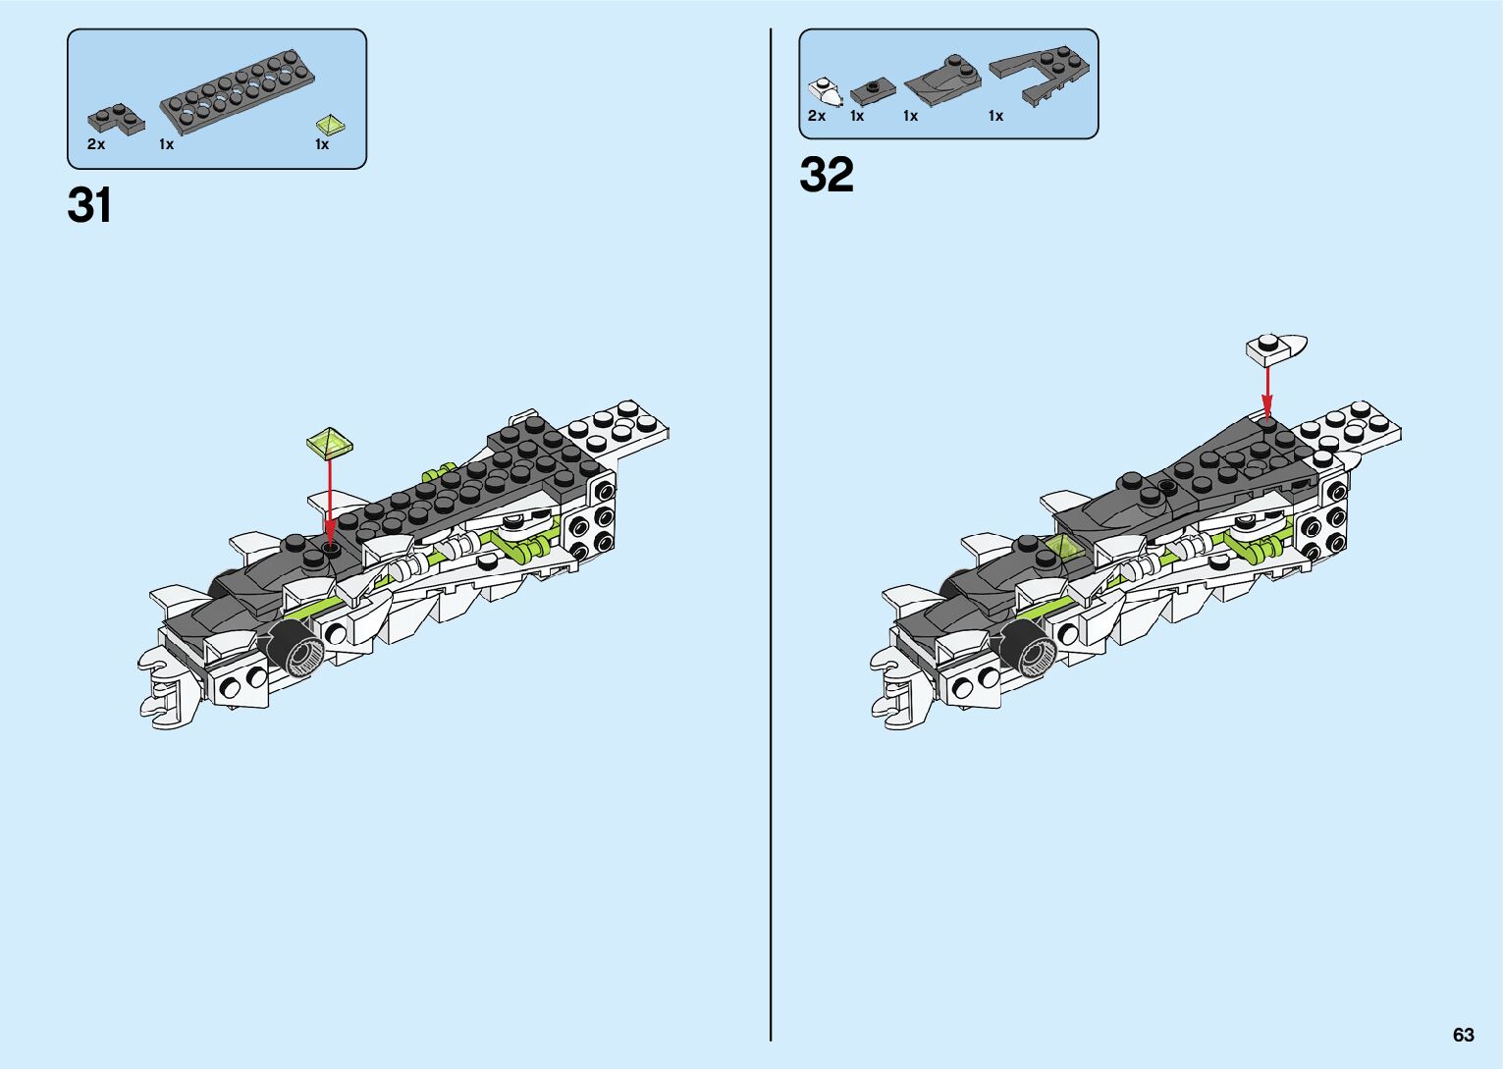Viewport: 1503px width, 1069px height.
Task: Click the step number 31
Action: (89, 205)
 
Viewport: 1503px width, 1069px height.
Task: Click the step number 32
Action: (827, 175)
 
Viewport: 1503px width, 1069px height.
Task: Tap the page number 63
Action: (1463, 1035)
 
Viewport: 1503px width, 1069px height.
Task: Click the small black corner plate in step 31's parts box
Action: (115, 119)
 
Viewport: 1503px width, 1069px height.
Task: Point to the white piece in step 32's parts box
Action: (826, 91)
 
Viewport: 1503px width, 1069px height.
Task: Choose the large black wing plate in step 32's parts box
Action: (1039, 72)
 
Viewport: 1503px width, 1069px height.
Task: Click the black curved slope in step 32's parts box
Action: (941, 81)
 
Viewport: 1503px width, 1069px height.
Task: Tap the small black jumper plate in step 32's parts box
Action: (872, 91)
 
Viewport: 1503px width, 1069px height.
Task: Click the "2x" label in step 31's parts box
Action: (95, 144)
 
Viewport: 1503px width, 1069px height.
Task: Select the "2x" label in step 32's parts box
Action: (817, 116)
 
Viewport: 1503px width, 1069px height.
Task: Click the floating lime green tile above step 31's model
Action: (330, 443)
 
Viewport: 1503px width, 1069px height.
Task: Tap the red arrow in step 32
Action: (1266, 391)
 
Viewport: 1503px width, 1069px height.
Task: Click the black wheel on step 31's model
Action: (296, 647)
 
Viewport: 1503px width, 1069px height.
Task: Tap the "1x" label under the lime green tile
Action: (321, 144)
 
